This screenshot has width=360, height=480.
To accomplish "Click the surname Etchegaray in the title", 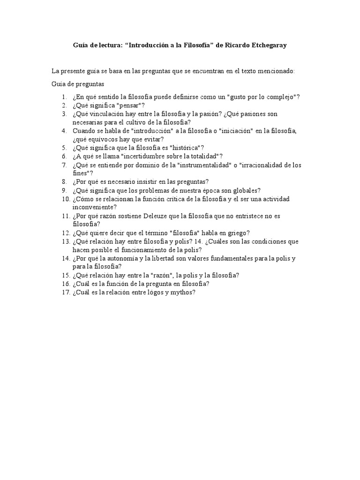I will coord(265,45).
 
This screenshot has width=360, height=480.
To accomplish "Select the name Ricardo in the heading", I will coord(227,45).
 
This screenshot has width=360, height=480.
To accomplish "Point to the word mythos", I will coord(180,292).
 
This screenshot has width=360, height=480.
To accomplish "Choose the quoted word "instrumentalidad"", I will coord(200,165).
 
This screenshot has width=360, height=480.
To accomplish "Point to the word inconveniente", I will coord(95,207).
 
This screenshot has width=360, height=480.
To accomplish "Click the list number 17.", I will coord(65,292).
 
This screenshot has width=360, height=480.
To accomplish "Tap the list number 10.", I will coord(65,199).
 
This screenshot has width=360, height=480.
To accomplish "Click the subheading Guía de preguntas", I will coord(77,84).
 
